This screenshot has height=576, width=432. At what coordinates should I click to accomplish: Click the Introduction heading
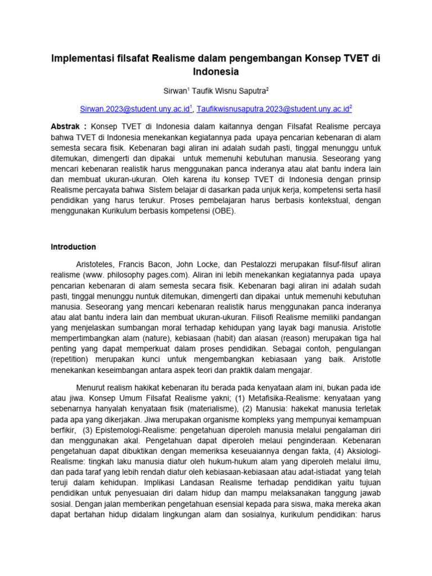tap(73, 247)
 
